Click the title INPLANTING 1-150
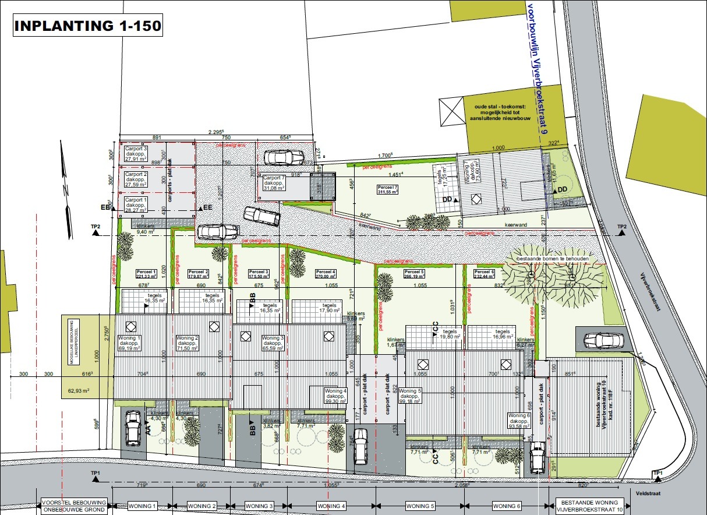tap(87, 26)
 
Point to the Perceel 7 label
tap(387, 189)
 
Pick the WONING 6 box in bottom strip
tap(507, 506)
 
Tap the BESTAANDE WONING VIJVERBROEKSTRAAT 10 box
tap(590, 506)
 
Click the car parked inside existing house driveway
tap(599, 340)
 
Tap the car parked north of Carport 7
tap(283, 157)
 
